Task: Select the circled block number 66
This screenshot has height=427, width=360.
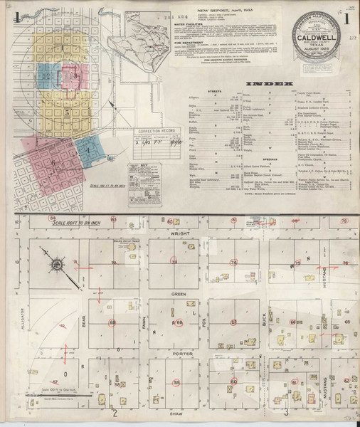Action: [293, 322]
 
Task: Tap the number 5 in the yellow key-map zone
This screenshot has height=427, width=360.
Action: [66, 112]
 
